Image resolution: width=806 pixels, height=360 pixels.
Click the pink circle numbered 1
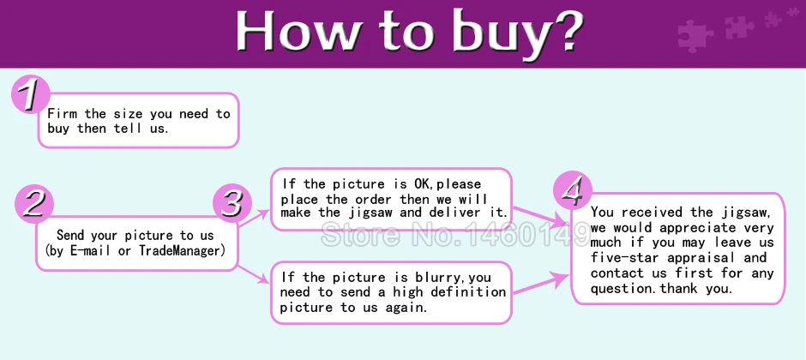click(x=30, y=94)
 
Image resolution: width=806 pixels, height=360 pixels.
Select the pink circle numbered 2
click(x=34, y=203)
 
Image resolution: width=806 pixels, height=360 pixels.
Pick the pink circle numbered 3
click(x=232, y=203)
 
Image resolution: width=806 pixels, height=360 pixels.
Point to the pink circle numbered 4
click(x=573, y=190)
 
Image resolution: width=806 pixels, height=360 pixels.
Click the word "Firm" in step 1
click(x=63, y=113)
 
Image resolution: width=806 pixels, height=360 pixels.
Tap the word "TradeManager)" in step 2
click(x=183, y=251)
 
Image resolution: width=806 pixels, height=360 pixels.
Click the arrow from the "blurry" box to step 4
click(x=541, y=284)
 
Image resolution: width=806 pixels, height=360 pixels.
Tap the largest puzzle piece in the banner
click(x=695, y=35)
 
